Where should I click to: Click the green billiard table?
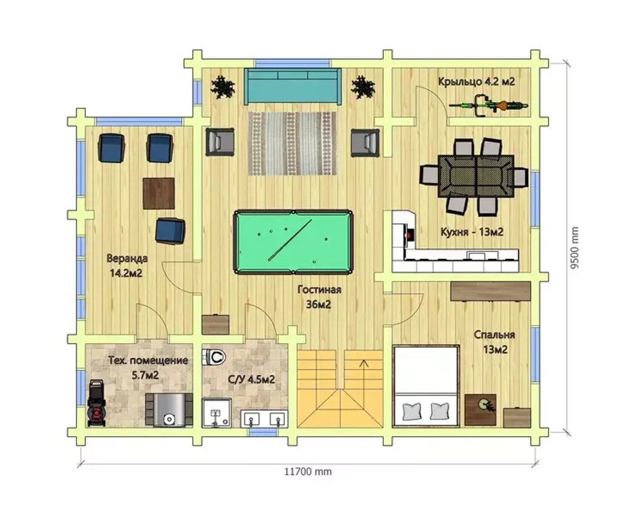pyautogui.click(x=293, y=242)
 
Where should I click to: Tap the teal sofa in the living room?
pyautogui.click(x=292, y=86)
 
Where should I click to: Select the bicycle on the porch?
pyautogui.click(x=489, y=106)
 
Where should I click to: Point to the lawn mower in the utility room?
pyautogui.click(x=96, y=403)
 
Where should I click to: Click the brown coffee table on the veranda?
pyautogui.click(x=159, y=193)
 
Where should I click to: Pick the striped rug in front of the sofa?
pyautogui.click(x=292, y=143)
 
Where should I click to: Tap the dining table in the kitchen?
pyautogui.click(x=476, y=176)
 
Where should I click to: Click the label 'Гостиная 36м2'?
pyautogui.click(x=319, y=297)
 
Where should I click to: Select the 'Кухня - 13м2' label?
pyautogui.click(x=471, y=231)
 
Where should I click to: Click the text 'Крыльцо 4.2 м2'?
pyautogui.click(x=476, y=82)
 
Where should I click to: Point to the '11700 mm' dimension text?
pyautogui.click(x=308, y=472)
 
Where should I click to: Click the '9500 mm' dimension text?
pyautogui.click(x=575, y=248)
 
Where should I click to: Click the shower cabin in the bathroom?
pyautogui.click(x=216, y=412)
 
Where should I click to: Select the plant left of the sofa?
pyautogui.click(x=223, y=87)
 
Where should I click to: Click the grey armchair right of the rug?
pyautogui.click(x=365, y=142)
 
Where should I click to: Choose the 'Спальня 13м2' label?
pyautogui.click(x=494, y=342)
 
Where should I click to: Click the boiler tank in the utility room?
pyautogui.click(x=169, y=410)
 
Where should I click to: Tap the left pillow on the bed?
pyautogui.click(x=412, y=411)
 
